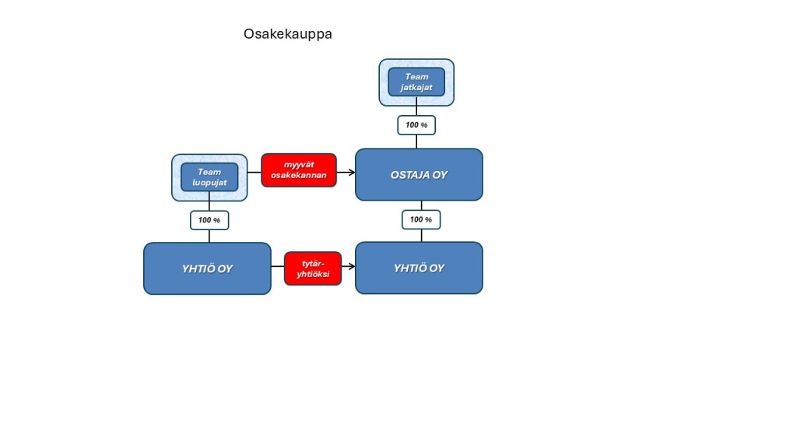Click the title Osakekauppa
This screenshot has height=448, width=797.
[288, 34]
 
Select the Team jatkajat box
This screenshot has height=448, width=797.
[416, 82]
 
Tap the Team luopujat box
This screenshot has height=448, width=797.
[209, 177]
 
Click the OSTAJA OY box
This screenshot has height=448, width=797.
[419, 175]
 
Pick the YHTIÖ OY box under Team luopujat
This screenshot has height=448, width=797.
[207, 268]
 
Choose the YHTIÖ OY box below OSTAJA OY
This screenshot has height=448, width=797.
[419, 268]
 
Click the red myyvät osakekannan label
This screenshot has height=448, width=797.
[299, 170]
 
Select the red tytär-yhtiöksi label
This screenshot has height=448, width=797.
[313, 268]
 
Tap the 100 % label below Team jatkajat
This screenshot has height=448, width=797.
[416, 125]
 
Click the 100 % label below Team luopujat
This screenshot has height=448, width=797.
[209, 220]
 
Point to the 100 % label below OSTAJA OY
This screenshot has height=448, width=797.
[421, 220]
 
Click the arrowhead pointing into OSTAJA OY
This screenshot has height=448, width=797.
[352, 171]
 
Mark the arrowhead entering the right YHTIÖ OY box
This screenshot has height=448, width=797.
[352, 267]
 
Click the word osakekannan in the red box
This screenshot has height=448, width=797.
[299, 177]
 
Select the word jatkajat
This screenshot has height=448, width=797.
[416, 87]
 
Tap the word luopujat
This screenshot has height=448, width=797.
[209, 183]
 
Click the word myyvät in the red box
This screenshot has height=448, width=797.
[299, 164]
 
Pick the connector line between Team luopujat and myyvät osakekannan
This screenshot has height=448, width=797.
[255, 171]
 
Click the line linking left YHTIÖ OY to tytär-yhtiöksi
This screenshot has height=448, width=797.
[278, 267]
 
